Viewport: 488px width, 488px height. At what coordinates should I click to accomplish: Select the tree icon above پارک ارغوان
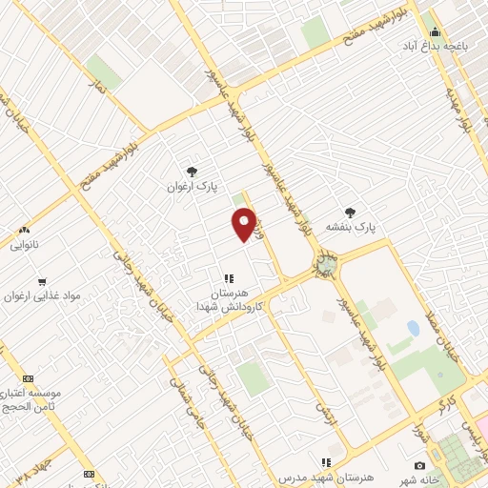(193, 172)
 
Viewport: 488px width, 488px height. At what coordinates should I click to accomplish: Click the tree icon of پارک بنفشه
(351, 213)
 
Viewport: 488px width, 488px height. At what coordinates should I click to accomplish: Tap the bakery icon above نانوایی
(25, 230)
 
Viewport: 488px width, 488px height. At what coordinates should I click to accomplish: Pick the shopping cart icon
(41, 281)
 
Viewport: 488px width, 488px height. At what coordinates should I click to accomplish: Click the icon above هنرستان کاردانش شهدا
(228, 278)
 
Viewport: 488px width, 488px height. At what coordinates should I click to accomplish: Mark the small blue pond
(413, 328)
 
